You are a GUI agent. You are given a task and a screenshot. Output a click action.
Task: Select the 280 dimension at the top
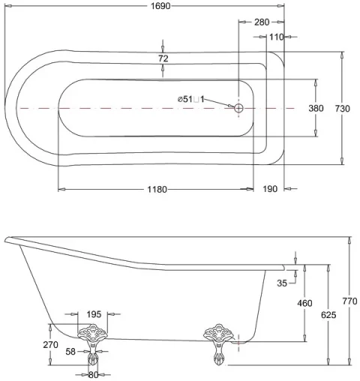pos(261,22)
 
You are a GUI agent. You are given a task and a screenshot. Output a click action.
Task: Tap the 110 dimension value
pos(276,37)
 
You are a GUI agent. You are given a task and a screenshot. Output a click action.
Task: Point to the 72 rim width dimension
pos(163,58)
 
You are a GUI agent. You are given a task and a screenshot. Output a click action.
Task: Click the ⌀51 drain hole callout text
pos(190,99)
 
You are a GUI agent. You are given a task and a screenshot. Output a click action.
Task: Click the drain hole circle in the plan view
pos(239,108)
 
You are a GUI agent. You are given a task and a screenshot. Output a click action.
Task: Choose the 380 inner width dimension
pos(316,108)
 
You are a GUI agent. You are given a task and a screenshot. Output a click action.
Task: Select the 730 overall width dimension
pos(343,108)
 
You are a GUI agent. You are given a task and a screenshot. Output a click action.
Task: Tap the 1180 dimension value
pos(156,189)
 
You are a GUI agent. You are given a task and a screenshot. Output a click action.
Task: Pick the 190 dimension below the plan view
pos(271,189)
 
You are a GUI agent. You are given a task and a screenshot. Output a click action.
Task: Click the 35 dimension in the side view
pos(282,283)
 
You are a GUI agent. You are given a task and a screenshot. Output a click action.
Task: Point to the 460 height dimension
pos(304,303)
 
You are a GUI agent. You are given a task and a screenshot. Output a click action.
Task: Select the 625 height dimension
pos(328,315)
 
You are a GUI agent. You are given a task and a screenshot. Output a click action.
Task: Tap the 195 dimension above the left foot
pos(94,314)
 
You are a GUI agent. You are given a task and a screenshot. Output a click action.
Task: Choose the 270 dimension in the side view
pos(52,345)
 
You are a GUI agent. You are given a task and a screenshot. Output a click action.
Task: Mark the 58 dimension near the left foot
pos(70,351)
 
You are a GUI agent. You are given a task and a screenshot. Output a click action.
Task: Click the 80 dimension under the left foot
pos(94,374)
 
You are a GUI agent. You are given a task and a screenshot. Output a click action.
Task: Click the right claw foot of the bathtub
pos(219,343)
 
